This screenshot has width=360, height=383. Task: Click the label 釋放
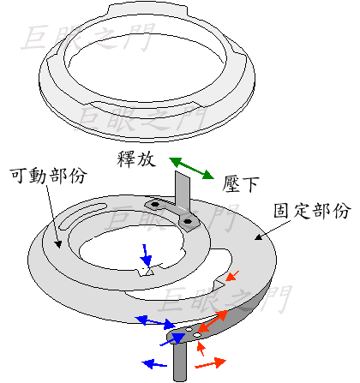coord(136,159)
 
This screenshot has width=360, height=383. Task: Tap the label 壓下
coord(241,183)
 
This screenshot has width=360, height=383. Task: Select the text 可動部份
coord(48,175)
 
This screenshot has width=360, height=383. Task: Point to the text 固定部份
coord(311,211)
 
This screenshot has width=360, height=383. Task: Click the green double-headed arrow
coord(191,168)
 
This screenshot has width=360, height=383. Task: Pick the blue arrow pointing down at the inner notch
coord(147,255)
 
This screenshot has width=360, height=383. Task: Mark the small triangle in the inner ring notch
coord(149,272)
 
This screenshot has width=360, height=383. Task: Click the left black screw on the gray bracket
coord(155,205)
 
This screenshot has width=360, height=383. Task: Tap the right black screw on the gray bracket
coord(187,221)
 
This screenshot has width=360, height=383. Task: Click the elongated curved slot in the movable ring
coord(82,214)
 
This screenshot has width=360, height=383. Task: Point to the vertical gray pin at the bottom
coord(180,362)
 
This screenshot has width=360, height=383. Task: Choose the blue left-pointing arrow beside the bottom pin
coord(154,364)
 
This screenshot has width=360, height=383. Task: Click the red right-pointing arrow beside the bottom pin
coord(210,363)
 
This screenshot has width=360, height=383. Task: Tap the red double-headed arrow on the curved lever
coord(213,321)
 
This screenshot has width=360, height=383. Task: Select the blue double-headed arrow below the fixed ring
coord(155,322)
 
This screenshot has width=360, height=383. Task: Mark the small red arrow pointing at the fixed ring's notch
coord(232,276)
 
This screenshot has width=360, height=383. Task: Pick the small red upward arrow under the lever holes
coord(201,349)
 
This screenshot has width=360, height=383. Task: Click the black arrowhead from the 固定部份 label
coord(259,236)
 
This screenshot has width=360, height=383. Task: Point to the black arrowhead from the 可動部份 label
coord(58,243)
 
